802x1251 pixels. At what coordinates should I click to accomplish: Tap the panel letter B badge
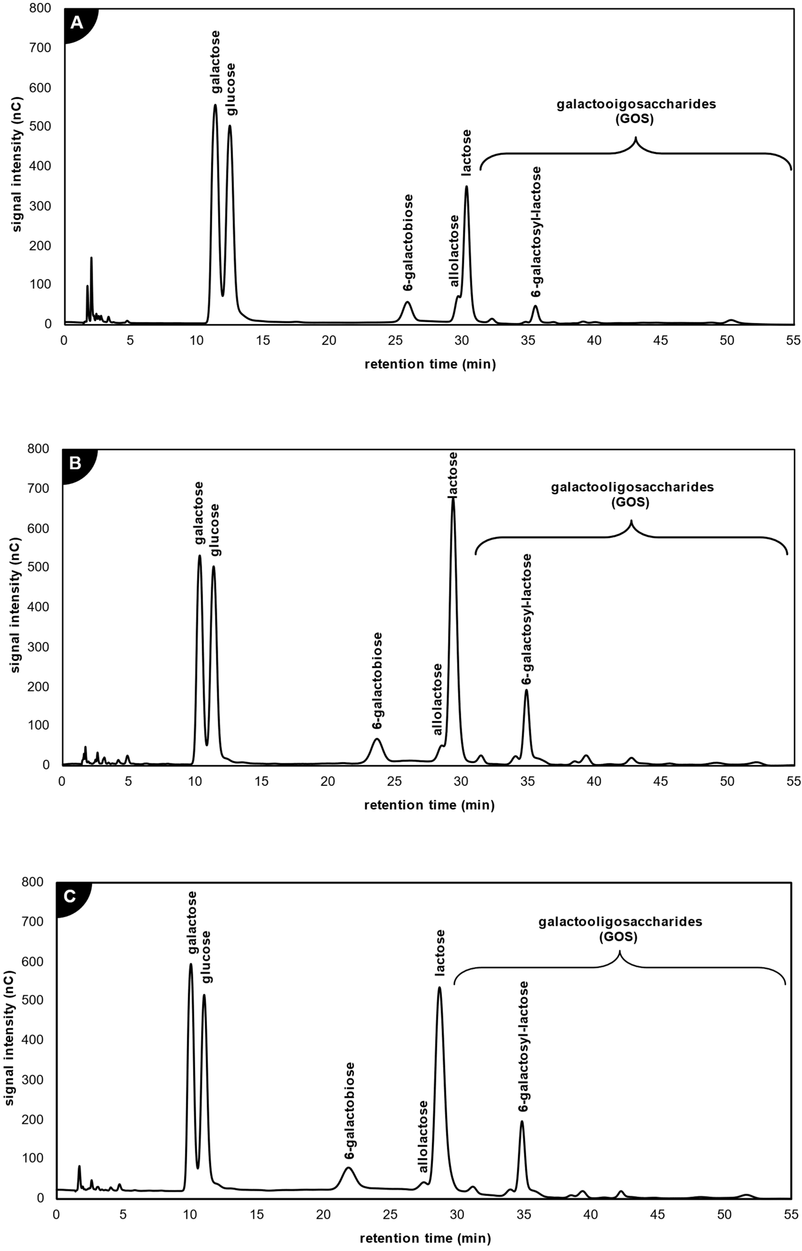point(75,463)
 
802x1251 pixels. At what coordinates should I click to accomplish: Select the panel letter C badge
point(69,896)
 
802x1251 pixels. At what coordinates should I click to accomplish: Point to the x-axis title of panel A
point(430,364)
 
